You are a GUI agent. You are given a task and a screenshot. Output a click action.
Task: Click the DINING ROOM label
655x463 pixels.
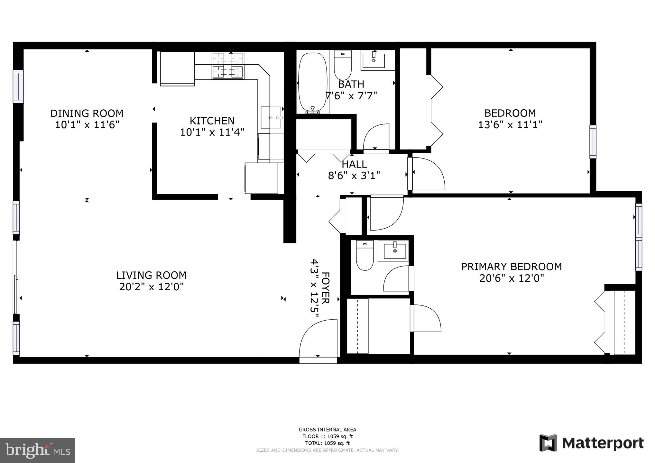point(87,113)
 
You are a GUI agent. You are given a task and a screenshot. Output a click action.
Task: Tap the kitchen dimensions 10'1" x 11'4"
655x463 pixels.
point(212,132)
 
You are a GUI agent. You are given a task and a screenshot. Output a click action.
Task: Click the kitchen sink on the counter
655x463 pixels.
point(271,118)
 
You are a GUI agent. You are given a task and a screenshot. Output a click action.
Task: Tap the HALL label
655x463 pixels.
point(354,164)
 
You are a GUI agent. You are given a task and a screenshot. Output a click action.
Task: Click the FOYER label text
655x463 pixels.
point(326,288)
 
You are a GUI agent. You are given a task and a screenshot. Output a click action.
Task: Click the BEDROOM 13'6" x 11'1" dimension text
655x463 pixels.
point(510,125)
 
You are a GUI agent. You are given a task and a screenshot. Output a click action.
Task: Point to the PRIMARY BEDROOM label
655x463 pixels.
point(511,267)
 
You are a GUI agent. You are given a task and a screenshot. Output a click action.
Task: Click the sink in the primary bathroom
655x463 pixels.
point(395,249)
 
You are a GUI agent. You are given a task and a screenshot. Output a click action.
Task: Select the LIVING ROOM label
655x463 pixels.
point(151,275)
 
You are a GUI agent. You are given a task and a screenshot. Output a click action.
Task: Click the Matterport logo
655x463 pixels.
point(591,443)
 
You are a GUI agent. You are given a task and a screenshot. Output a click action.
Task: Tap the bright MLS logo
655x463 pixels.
point(38,450)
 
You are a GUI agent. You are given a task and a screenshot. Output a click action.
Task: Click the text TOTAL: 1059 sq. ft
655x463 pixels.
point(327,443)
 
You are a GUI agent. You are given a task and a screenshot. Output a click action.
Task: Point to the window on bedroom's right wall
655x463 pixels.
point(593,142)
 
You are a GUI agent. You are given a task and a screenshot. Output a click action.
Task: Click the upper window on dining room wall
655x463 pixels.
point(18,86)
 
